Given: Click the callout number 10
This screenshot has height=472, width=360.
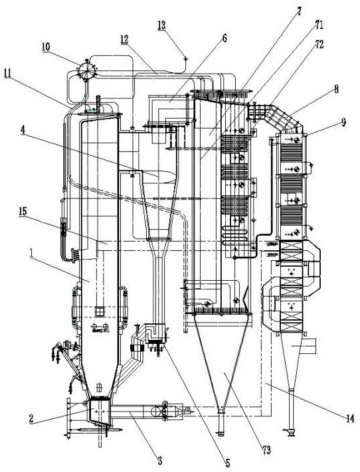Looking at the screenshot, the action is pos(46,47).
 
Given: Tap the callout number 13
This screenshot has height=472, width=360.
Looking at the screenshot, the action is pos(161,25).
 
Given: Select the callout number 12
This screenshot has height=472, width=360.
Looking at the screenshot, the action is pos(124,39).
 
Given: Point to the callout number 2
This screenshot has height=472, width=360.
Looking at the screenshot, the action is pos(31,418).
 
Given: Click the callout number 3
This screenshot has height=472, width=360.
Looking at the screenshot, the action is pos(159,460).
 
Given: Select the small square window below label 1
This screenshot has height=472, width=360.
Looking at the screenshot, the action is pos(99,311).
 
